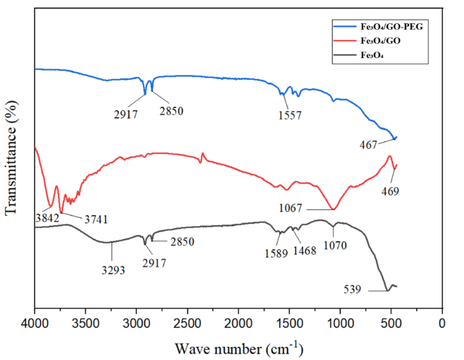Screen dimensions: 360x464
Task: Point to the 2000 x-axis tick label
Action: click(238, 321)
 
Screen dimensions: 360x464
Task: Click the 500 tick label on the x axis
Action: click(391, 321)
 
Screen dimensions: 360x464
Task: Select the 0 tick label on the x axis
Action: click(442, 321)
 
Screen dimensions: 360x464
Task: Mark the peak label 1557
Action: click(290, 115)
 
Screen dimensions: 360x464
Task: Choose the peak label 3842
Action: click(47, 217)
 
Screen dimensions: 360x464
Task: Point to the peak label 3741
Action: click(94, 219)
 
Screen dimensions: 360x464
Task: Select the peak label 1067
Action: click(291, 209)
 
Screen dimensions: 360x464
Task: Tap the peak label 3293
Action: click(113, 271)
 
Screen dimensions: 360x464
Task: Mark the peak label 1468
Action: click(305, 251)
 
